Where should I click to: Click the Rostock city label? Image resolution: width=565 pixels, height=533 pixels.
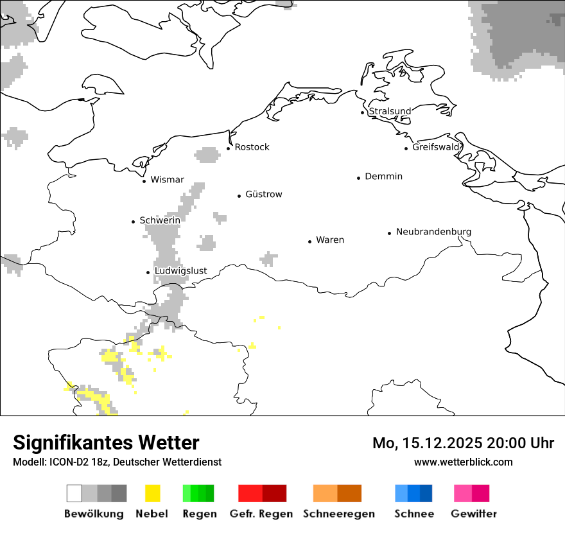(252, 147)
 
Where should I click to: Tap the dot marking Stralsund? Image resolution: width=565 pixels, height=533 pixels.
(363, 112)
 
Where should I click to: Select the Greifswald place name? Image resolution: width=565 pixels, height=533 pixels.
(436, 147)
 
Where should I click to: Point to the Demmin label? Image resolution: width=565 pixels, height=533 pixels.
(383, 177)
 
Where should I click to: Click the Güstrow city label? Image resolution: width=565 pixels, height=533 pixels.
(263, 195)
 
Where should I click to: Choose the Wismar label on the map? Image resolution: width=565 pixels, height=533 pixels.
(167, 180)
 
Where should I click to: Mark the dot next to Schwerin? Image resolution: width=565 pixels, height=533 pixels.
(134, 222)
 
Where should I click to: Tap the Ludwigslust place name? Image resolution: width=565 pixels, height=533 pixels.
(180, 271)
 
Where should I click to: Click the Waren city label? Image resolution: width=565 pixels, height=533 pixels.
(330, 240)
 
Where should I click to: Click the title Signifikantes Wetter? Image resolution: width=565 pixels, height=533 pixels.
(106, 443)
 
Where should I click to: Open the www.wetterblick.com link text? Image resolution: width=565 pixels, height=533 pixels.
(463, 462)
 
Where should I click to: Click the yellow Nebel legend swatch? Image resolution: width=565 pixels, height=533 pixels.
(153, 493)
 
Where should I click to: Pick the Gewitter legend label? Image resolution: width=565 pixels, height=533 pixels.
(474, 514)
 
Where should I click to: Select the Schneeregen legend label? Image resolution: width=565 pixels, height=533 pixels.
(338, 514)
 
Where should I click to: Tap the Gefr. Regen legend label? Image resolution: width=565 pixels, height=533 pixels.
(261, 514)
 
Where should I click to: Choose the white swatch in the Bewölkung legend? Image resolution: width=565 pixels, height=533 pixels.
(74, 493)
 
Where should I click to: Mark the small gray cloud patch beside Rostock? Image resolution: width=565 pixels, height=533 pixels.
(207, 155)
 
